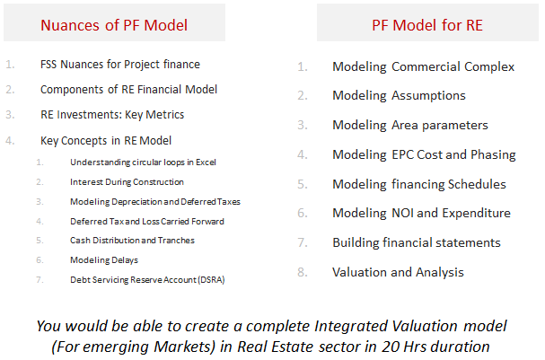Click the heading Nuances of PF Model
[x=114, y=25]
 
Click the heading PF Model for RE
[x=427, y=25]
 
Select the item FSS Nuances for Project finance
[x=120, y=65]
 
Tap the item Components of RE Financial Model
[x=128, y=90]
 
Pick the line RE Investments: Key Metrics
[x=112, y=115]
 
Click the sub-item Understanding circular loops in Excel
[x=143, y=162]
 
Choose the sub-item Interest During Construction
[x=127, y=182]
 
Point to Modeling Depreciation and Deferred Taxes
[x=155, y=202]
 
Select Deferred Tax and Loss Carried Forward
[x=147, y=222]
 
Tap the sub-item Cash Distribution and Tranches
[x=132, y=241]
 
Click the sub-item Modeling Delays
[x=104, y=260]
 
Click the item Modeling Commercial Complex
[x=424, y=66]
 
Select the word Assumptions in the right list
[x=428, y=96]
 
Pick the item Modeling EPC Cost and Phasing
[x=424, y=155]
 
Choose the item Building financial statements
[x=417, y=242]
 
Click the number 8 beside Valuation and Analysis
[x=303, y=272]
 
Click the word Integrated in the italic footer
[x=351, y=327]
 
